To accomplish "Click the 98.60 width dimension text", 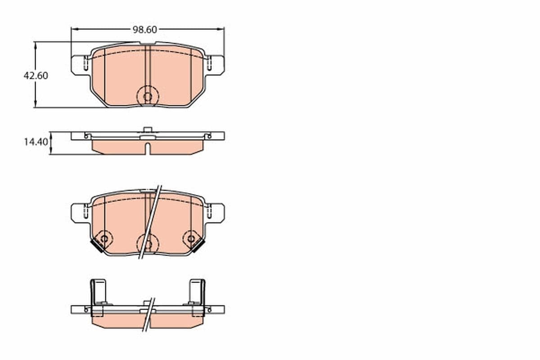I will [144, 30].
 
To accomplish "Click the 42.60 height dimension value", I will [36, 76].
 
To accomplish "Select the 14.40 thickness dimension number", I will [36, 142].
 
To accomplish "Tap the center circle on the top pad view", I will [147, 96].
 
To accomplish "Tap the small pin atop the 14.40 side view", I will [147, 130].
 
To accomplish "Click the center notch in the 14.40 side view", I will [147, 148].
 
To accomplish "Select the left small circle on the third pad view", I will [104, 238].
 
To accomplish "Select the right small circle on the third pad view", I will [191, 238].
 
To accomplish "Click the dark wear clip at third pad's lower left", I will [96, 245].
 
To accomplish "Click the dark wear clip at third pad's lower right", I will [198, 245].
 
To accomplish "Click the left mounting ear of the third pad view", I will [79, 212].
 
